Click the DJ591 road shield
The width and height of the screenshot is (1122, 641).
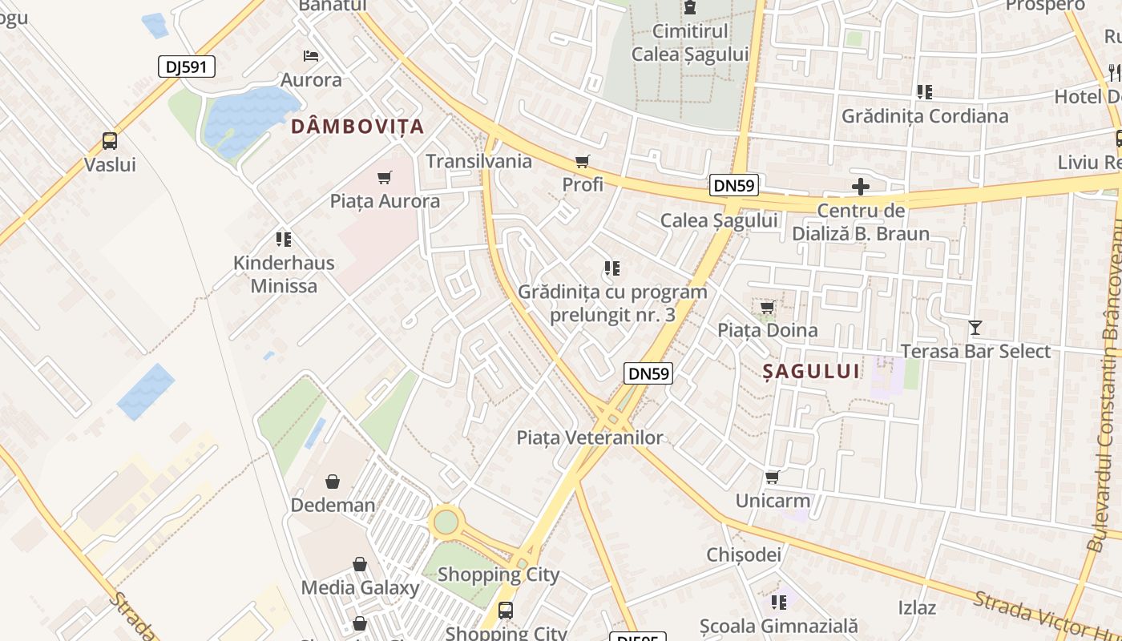pos(187,67)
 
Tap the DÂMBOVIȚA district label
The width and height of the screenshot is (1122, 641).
pos(357,126)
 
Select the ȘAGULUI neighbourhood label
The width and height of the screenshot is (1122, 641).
pos(810,370)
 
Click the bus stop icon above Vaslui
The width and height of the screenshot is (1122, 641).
pos(110,141)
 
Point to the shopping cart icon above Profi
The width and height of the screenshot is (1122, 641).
pos(583,162)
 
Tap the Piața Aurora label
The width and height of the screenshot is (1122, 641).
pos(385,201)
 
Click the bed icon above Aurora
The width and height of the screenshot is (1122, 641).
pos(311,56)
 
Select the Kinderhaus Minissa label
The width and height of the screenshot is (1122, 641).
pos(284,274)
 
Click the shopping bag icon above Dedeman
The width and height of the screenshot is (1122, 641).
pos(333,482)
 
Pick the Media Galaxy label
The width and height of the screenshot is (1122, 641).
pos(360,587)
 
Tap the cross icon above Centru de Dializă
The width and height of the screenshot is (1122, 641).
pos(861,187)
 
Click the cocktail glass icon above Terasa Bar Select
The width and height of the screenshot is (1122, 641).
pos(975,328)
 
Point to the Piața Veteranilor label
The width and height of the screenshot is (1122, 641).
pos(590,437)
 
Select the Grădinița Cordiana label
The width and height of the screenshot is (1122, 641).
pos(925,116)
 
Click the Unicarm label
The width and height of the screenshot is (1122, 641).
pos(773,502)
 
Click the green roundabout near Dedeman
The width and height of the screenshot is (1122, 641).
pos(446,522)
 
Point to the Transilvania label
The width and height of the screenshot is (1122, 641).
pos(478,161)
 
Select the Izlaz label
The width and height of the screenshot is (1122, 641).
pos(917,607)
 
